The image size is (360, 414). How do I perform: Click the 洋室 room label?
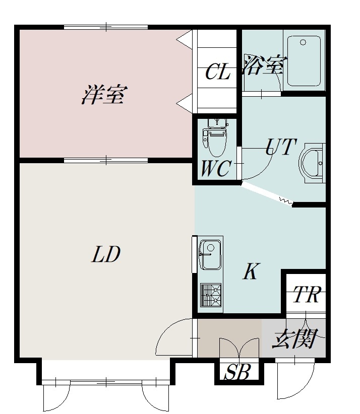[104, 95]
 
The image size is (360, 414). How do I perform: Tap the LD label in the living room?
[106, 254]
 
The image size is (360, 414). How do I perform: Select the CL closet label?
[218, 72]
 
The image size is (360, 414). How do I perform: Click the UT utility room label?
[281, 147]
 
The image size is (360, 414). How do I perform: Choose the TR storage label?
[308, 294]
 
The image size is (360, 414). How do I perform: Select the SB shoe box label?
[237, 372]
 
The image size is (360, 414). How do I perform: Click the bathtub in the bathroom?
[304, 61]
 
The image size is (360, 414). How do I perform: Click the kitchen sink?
[210, 254]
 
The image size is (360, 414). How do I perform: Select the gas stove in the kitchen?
[211, 295]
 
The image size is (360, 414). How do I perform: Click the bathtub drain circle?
[303, 42]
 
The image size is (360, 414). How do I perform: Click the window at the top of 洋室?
[106, 27]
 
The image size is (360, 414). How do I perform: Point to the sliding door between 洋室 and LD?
[106, 160]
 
